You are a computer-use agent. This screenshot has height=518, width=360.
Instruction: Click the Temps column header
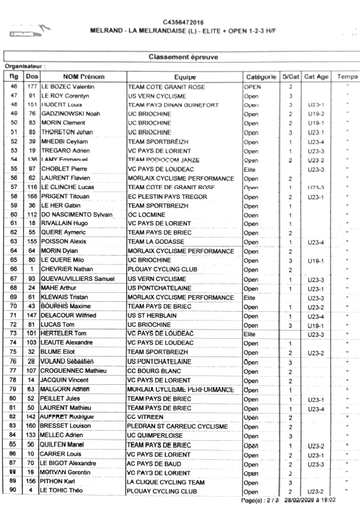[348, 77]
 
